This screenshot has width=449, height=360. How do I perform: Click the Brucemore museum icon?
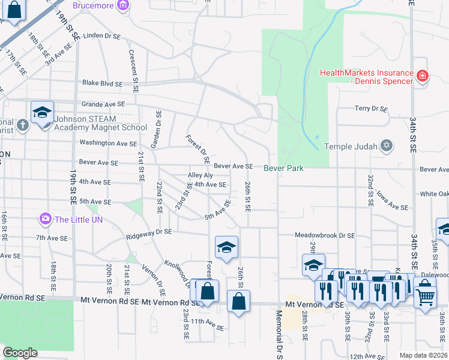click(x=122, y=5)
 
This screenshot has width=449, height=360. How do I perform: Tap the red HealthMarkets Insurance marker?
click(x=423, y=76)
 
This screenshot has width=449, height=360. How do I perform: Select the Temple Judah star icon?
click(x=387, y=146)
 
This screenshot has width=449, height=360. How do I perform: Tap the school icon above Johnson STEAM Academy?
click(x=43, y=112)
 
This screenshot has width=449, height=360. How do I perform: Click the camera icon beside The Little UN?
click(x=45, y=219)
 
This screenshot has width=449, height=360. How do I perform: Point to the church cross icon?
click(x=22, y=125)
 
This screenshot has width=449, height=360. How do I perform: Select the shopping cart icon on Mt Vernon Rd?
click(x=425, y=295)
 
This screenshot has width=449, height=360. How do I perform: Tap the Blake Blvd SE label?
click(x=102, y=83)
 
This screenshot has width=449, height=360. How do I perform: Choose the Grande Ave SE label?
click(x=103, y=104)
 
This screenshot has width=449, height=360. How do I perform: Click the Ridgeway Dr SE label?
click(x=149, y=233)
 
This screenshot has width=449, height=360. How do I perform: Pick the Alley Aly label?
click(x=200, y=175)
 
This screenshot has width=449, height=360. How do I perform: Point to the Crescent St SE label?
click(x=133, y=71)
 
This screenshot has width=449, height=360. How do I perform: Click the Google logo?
click(x=20, y=353)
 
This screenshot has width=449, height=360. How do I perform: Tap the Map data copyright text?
click(x=423, y=355)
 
